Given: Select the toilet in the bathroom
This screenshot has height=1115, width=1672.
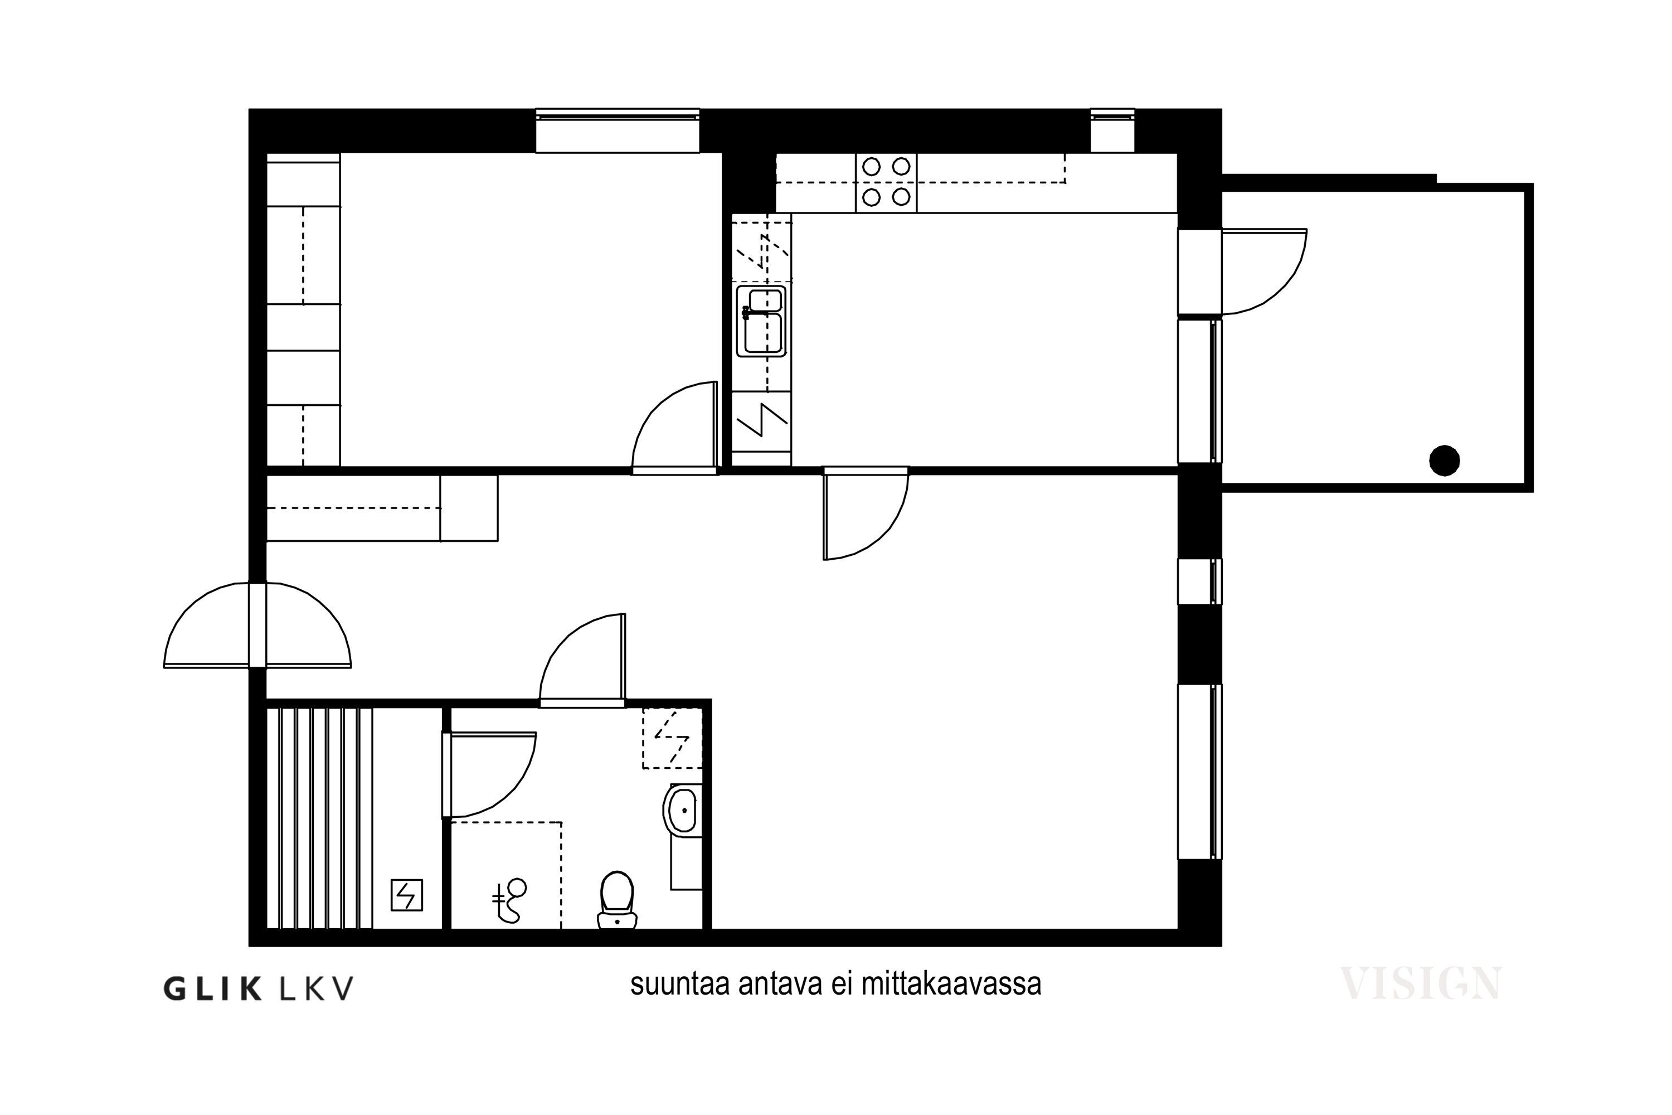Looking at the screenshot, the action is click(617, 900).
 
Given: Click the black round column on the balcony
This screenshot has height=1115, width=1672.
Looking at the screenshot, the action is click(1445, 461).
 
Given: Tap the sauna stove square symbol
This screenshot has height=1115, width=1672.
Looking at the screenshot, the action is click(407, 895).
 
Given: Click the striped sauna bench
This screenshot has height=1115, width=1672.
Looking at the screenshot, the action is click(319, 818).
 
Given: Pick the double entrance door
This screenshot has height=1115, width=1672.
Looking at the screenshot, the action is click(257, 626).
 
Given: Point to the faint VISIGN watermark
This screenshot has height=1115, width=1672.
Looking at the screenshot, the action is click(1420, 983).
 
